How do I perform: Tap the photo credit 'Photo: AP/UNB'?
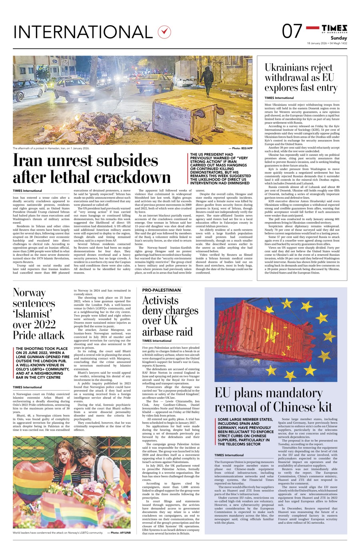tap(119, 533)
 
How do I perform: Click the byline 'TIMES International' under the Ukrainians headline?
tap(279, 98)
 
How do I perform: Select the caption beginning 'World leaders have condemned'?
tap(58, 533)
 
